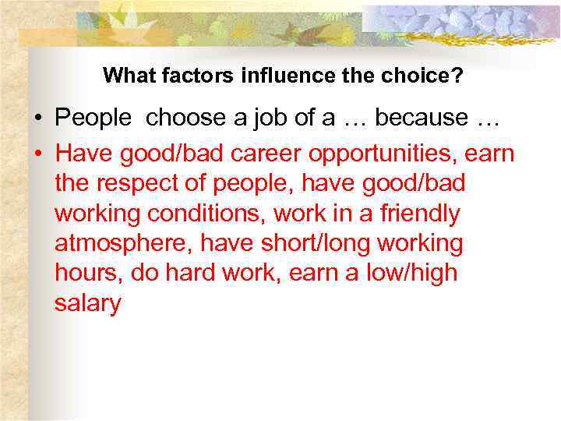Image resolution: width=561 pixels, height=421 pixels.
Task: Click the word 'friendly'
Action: (x=415, y=214)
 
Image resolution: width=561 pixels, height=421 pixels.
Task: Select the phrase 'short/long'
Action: (x=316, y=243)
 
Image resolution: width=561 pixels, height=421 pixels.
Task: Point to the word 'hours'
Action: (x=88, y=274)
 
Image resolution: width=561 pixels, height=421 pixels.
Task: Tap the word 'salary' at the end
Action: (x=88, y=304)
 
